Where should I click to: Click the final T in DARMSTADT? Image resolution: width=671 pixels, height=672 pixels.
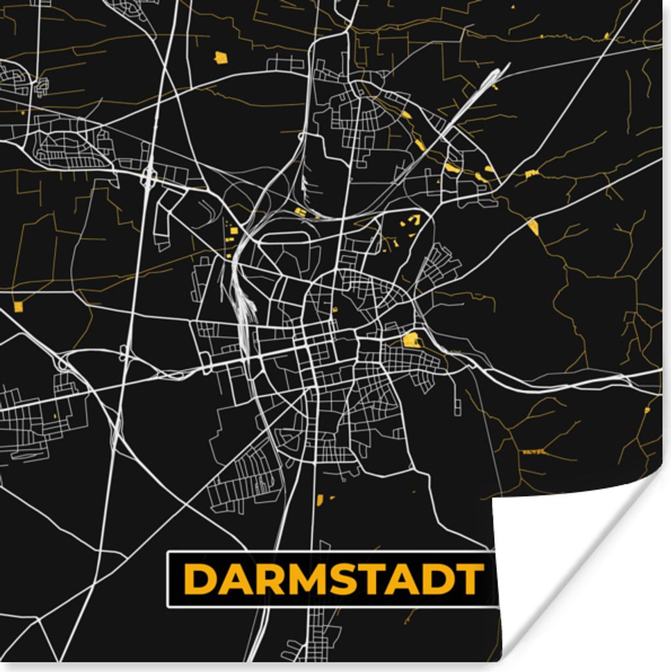coord(469,579)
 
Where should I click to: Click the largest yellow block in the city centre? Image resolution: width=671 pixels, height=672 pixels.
coord(411,339)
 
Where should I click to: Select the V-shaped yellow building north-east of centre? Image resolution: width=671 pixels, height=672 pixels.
coord(412,220)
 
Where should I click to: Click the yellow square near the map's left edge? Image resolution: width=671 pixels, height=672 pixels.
coord(18,306)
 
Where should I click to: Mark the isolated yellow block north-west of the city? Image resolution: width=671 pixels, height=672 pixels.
coord(221,58)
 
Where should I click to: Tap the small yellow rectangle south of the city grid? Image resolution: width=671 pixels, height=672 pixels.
coord(320,500)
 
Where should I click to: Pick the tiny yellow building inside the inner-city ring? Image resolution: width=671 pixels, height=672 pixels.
coord(335,309)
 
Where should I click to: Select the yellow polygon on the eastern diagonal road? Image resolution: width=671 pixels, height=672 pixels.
coord(532,226)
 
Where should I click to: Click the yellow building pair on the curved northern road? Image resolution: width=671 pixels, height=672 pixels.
coord(300,211)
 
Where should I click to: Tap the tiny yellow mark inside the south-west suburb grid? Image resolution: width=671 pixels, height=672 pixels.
coord(54,415)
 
